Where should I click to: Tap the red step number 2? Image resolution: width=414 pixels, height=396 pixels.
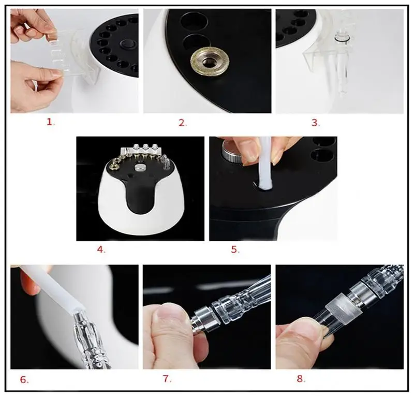[182, 123]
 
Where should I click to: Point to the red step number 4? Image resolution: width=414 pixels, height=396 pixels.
[100, 250]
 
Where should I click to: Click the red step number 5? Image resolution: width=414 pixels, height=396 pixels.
[234, 250]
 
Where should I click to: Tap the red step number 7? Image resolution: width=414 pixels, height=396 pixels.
[167, 378]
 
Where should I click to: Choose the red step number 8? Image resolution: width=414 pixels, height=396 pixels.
[300, 378]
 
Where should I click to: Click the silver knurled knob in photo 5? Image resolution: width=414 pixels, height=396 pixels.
[232, 151]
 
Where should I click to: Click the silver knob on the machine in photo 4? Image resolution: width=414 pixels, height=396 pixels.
[140, 168]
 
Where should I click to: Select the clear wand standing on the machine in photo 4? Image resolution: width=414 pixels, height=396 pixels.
[166, 162]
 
